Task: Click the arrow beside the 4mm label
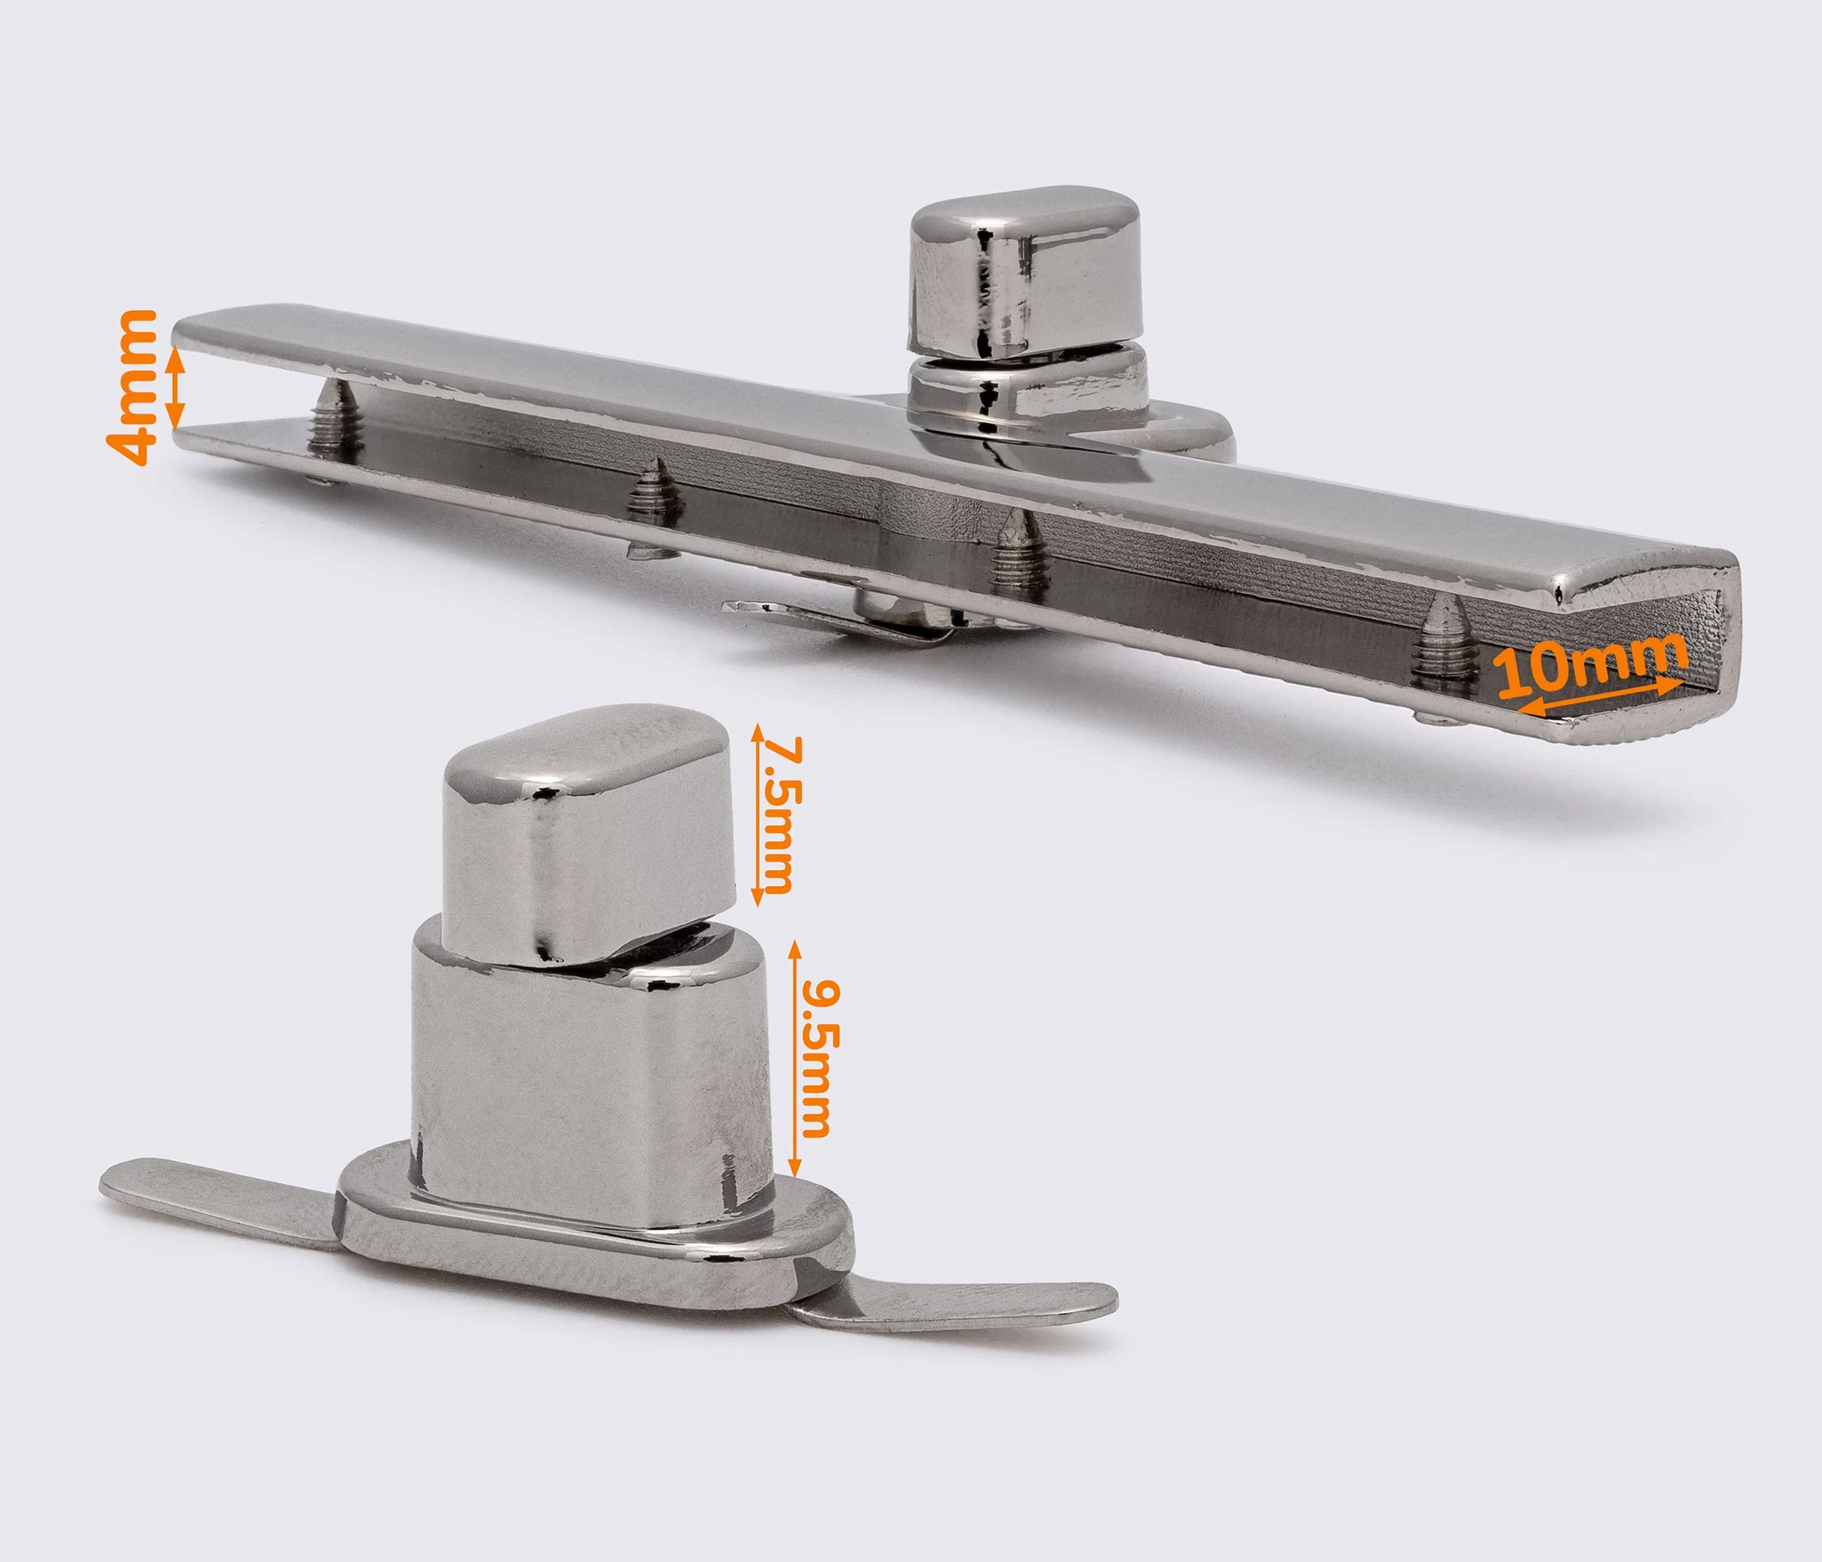point(176,388)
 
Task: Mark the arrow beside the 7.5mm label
point(756,815)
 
